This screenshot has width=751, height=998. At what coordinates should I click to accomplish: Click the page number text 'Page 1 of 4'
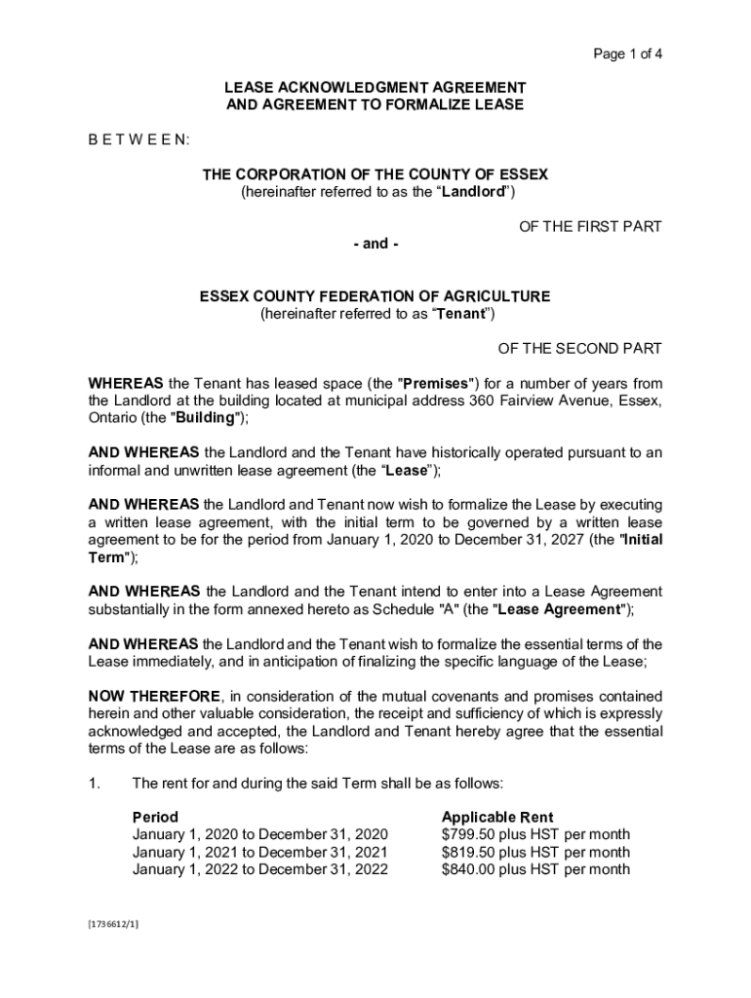coord(628,54)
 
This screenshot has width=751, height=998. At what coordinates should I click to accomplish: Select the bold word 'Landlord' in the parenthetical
coord(473,192)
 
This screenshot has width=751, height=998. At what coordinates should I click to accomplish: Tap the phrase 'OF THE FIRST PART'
coord(590,227)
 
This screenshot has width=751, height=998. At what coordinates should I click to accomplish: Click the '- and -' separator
coord(375,244)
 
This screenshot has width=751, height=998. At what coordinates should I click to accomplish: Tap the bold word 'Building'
coord(206,418)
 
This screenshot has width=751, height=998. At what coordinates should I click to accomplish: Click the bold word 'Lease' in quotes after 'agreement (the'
coord(408,471)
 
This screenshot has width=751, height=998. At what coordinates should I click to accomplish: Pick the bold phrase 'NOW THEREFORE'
coord(154,697)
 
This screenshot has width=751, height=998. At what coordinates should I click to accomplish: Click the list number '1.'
coord(95,784)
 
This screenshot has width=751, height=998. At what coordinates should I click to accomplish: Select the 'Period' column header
coord(155,817)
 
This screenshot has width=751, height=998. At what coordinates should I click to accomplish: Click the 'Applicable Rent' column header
coord(497,817)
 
